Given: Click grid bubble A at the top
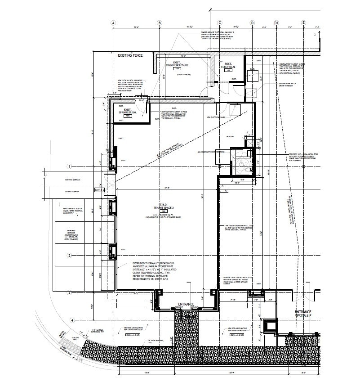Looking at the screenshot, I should (113, 22).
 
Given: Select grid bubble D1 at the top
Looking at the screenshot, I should (276, 22).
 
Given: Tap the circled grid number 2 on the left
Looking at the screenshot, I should (70, 256).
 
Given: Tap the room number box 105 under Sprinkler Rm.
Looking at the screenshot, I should (128, 116).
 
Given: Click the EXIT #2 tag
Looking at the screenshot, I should (100, 190).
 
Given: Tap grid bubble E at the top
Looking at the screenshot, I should (304, 22).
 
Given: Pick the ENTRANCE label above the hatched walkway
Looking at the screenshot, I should (186, 305).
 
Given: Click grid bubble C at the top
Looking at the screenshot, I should (220, 22).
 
